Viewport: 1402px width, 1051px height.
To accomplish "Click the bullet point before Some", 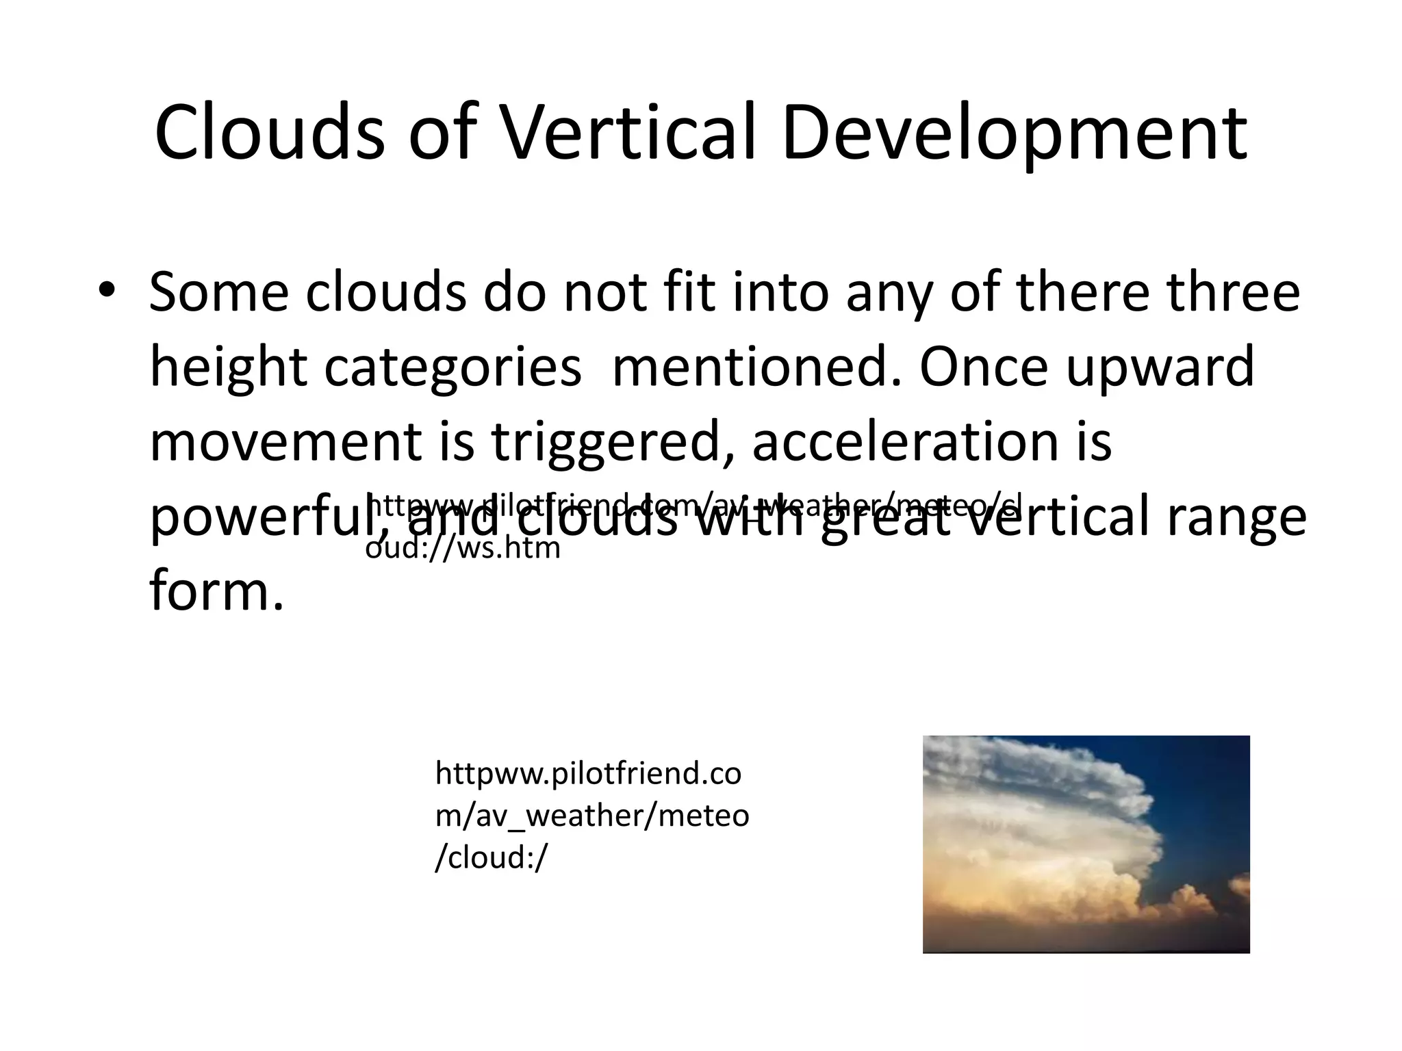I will tap(107, 290).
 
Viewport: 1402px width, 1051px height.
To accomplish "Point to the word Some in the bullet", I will tap(218, 293).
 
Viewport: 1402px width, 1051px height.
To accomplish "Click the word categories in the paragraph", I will tap(452, 368).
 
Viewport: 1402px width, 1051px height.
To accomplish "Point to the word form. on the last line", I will tap(216, 591).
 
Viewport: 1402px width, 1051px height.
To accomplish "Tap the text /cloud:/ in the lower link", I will tap(492, 857).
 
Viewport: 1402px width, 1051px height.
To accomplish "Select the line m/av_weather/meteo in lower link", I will tap(592, 816).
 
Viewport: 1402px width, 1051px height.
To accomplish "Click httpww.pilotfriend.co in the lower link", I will tap(588, 774).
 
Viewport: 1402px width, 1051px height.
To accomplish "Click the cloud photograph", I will tap(1086, 844).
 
